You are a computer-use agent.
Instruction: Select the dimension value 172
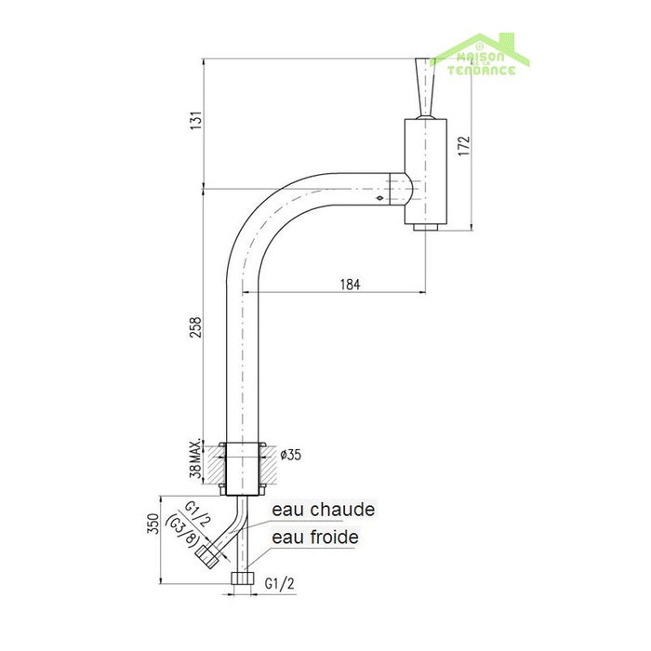pyautogui.click(x=465, y=146)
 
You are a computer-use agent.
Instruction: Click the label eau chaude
pyautogui.click(x=323, y=510)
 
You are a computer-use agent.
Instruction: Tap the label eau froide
pyautogui.click(x=314, y=537)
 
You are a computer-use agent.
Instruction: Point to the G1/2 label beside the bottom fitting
pyautogui.click(x=281, y=585)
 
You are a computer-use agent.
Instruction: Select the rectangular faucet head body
pyautogui.click(x=425, y=172)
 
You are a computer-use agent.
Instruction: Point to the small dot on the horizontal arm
pyautogui.click(x=379, y=197)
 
